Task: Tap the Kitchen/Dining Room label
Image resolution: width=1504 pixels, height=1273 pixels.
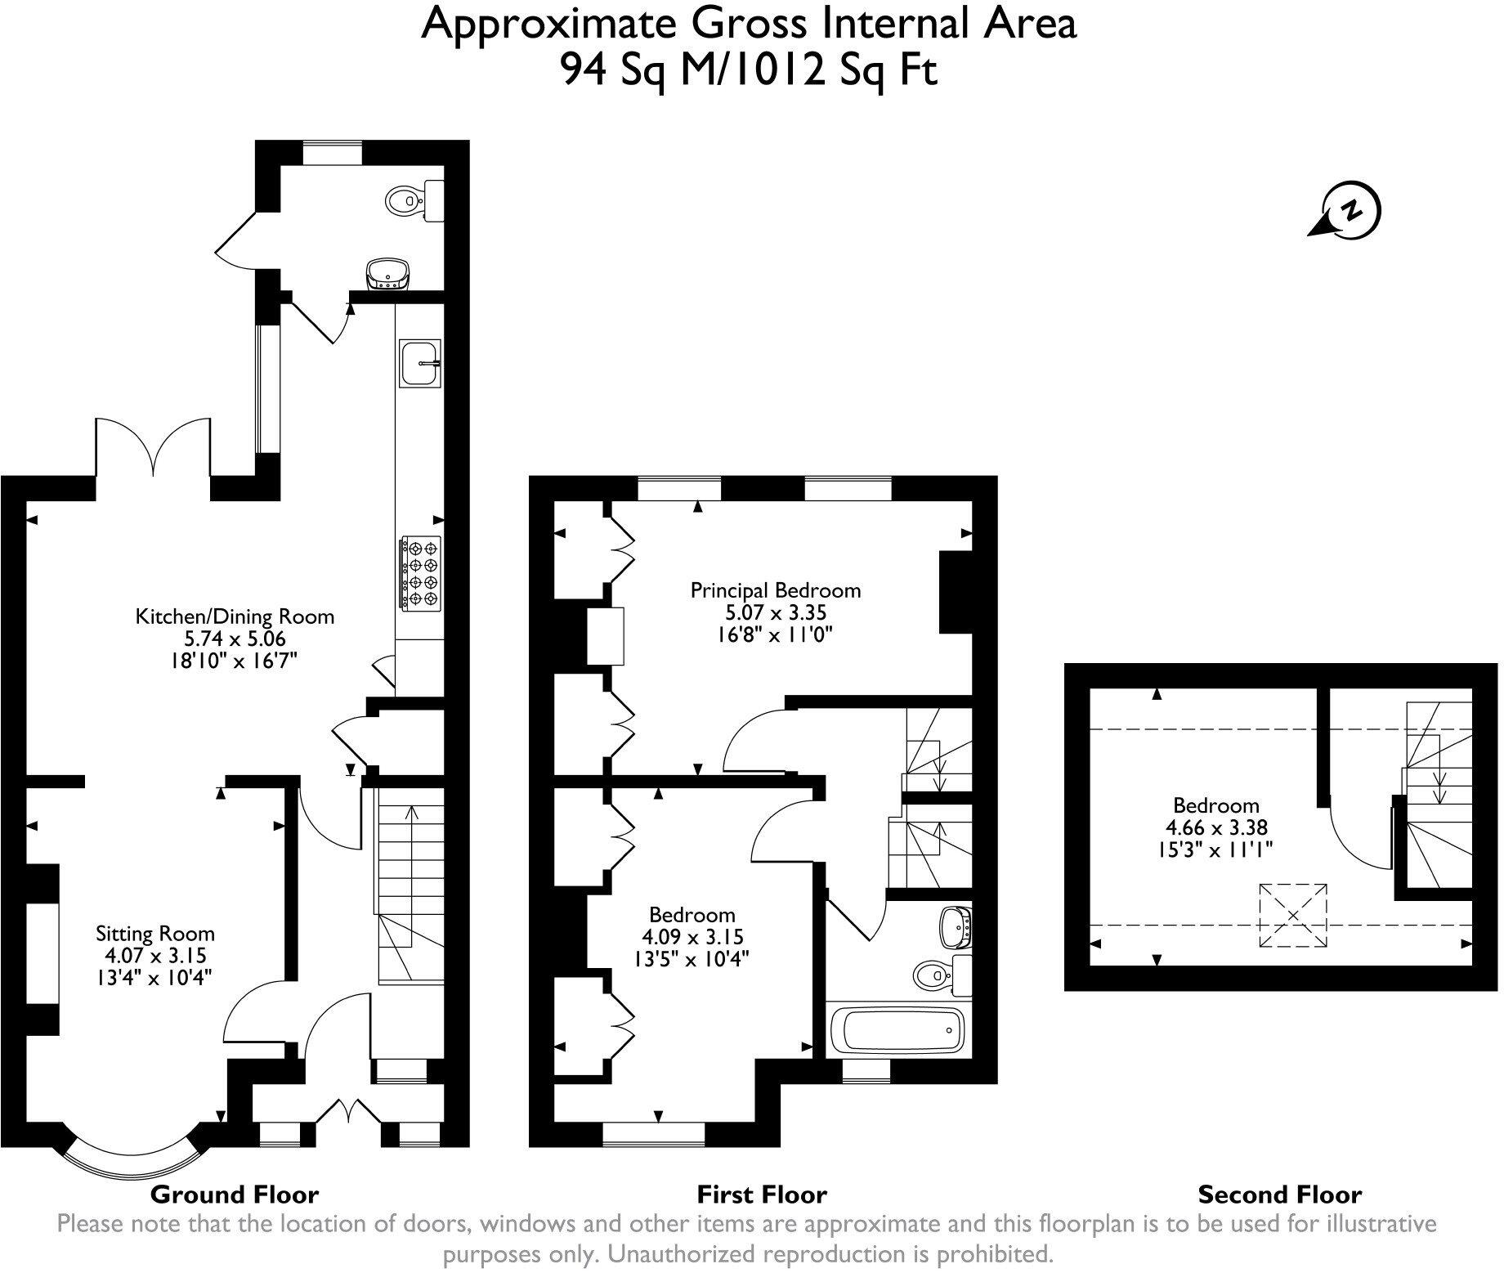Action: point(235,616)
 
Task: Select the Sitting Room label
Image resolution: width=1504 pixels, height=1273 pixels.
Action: point(155,934)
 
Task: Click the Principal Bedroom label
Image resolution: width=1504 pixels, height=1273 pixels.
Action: point(775,589)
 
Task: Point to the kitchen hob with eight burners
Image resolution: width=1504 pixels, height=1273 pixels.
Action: point(419,572)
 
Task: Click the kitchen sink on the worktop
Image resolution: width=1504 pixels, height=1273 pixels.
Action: point(420,362)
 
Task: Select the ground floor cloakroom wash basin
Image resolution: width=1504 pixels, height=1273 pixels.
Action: point(387,273)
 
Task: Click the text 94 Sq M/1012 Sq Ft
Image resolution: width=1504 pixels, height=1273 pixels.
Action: point(748,71)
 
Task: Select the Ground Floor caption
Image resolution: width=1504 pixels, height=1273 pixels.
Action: point(234,1195)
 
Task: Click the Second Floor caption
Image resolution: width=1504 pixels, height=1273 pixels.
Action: point(1279,1195)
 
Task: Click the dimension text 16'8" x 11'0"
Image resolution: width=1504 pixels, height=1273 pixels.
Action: point(775,634)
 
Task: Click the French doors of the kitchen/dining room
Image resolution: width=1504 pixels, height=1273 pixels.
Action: point(153,448)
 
